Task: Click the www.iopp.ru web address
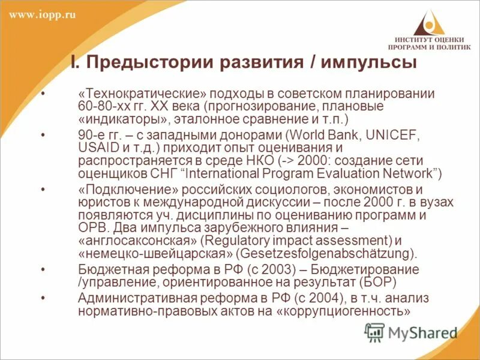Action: (43, 15)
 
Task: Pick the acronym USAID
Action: (97, 147)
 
